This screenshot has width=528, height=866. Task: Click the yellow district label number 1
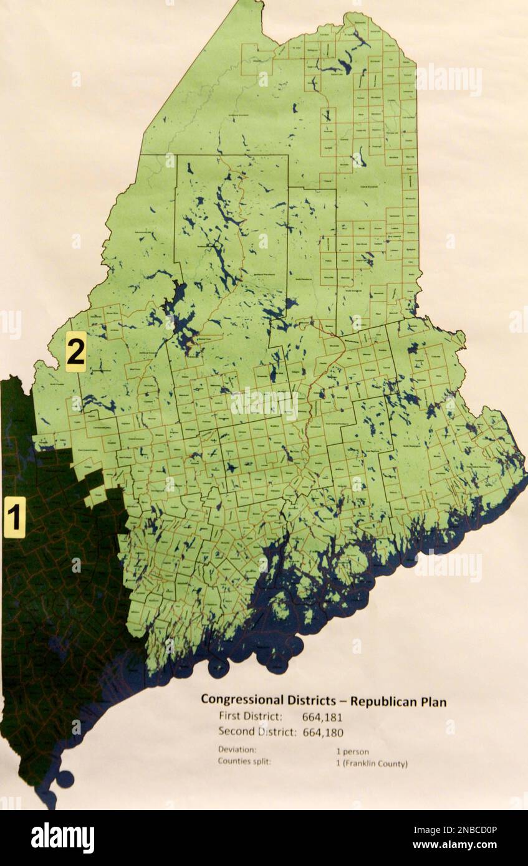click(14, 517)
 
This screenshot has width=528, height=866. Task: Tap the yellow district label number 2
click(75, 352)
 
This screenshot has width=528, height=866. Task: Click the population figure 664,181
click(322, 717)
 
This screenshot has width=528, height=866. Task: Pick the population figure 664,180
click(322, 733)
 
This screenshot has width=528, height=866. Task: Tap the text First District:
click(251, 716)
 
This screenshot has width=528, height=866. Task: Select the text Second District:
click(257, 732)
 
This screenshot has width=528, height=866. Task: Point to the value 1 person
click(352, 752)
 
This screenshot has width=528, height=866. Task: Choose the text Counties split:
click(244, 761)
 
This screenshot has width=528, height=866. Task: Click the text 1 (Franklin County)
click(372, 764)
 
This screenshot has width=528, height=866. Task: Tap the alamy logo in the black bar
click(62, 838)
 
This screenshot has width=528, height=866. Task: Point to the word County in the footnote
click(393, 764)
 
